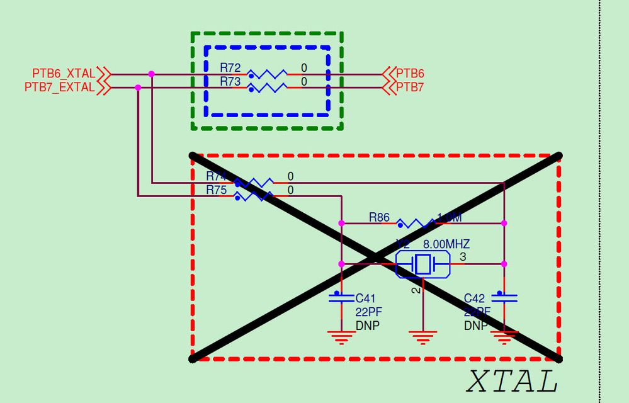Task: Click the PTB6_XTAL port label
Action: [64, 74]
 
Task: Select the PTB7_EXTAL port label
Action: [60, 88]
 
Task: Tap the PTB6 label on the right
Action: [410, 74]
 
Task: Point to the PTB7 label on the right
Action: [410, 88]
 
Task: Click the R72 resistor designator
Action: [230, 67]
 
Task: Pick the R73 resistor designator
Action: [230, 81]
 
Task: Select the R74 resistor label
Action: [216, 176]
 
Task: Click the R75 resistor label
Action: [216, 190]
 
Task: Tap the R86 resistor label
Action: [379, 218]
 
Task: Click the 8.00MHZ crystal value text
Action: [446, 244]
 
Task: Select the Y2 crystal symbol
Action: [422, 264]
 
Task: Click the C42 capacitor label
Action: [474, 298]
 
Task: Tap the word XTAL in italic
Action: [512, 382]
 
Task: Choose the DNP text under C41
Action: [368, 325]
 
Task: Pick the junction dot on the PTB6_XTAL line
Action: [151, 74]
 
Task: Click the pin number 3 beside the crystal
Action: [463, 257]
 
